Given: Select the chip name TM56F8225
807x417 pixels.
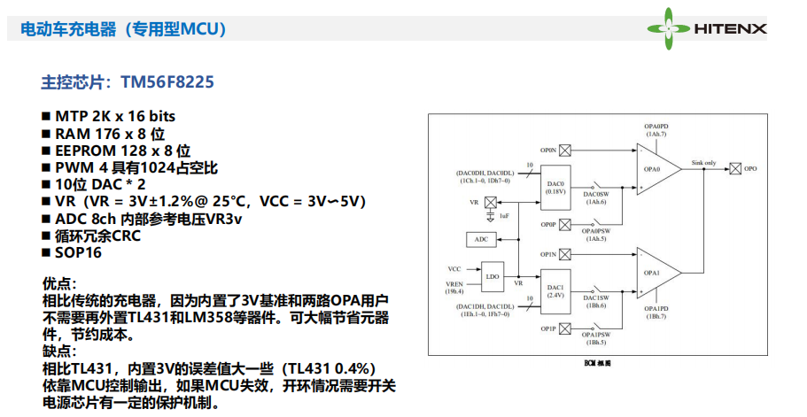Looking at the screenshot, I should pyautogui.click(x=167, y=82).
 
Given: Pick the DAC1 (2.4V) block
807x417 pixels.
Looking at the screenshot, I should pyautogui.click(x=556, y=290).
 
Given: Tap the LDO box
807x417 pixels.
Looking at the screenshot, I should pyautogui.click(x=492, y=276).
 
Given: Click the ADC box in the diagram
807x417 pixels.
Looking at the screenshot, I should pyautogui.click(x=481, y=239).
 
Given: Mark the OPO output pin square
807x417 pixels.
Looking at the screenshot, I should pyautogui.click(x=735, y=168).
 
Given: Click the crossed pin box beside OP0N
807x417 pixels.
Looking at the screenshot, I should pyautogui.click(x=566, y=151).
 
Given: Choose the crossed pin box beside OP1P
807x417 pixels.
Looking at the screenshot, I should pyautogui.click(x=566, y=329).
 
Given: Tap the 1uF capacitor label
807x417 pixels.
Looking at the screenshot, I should pyautogui.click(x=505, y=217).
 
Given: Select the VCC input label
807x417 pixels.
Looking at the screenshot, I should pyautogui.click(x=455, y=267).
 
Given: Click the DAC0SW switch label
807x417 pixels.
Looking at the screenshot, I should pyautogui.click(x=595, y=194).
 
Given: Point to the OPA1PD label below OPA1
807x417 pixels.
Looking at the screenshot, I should pyautogui.click(x=656, y=309).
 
